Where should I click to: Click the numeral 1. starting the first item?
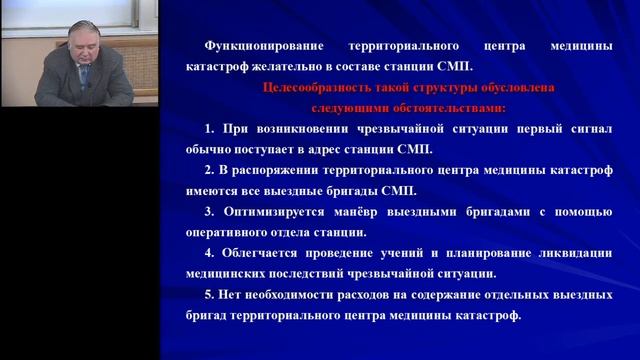210,129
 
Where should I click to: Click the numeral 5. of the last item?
210,295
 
